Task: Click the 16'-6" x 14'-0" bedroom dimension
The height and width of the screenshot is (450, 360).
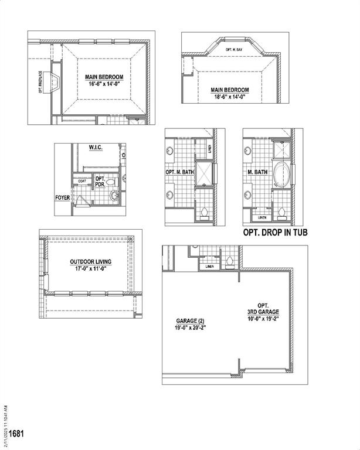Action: [x=103, y=84]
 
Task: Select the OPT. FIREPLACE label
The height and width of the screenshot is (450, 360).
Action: [x=40, y=83]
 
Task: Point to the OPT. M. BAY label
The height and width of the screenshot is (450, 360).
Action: [x=234, y=50]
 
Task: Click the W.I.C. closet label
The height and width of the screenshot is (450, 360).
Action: [x=96, y=148]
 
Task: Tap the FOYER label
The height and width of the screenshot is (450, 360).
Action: [x=62, y=198]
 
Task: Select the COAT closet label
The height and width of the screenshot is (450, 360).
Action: [x=81, y=182]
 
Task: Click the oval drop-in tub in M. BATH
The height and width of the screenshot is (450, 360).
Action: [x=283, y=175]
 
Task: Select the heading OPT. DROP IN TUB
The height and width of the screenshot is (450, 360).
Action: [x=275, y=233]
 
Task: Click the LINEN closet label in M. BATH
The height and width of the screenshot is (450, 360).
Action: [x=261, y=217]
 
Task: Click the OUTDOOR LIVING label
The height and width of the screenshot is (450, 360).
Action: [x=90, y=262]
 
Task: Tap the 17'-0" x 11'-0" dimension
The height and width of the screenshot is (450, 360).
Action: [x=90, y=270]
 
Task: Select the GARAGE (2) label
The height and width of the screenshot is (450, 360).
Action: [x=191, y=321]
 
